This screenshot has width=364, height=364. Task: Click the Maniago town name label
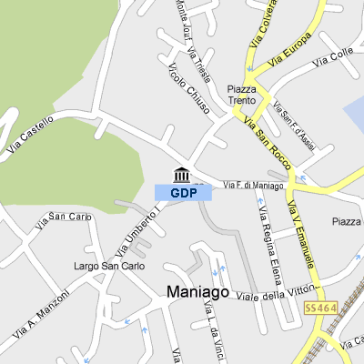[195, 292]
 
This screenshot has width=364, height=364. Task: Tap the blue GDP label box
[183, 193]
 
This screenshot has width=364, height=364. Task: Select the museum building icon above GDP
[181, 175]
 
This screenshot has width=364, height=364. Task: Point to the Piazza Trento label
[242, 96]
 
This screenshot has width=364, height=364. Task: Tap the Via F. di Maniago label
[253, 186]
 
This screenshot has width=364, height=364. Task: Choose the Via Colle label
[332, 58]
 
